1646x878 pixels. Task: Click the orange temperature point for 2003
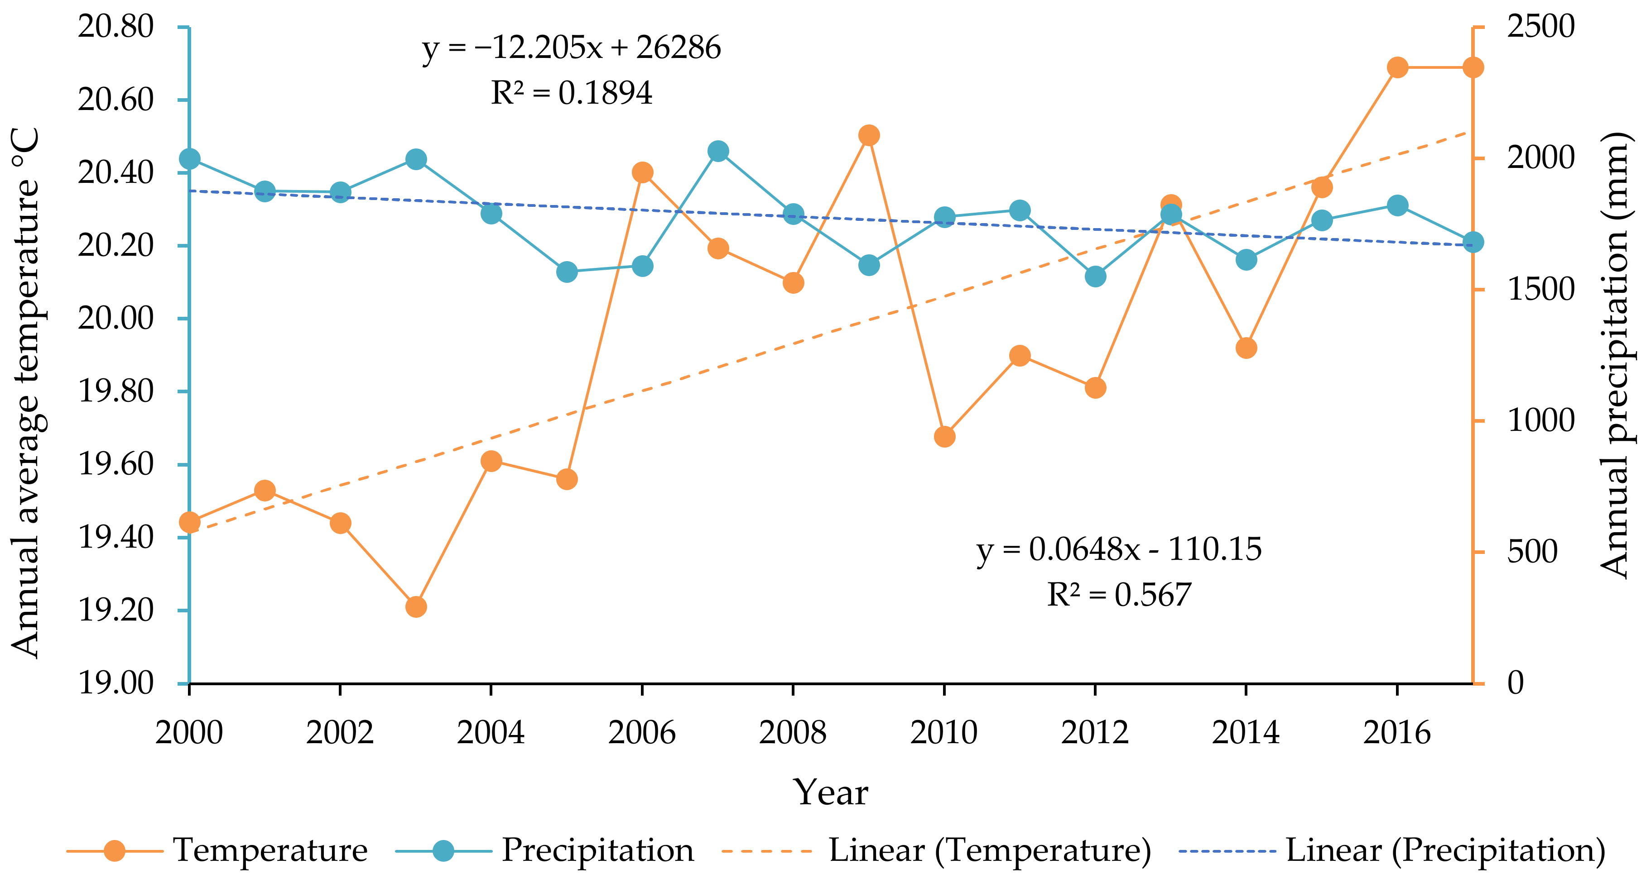coord(416,606)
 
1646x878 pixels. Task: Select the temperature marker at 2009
coord(868,135)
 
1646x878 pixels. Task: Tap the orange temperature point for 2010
coord(944,437)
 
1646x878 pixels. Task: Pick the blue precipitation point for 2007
coord(717,151)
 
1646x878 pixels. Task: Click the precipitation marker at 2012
coord(1095,277)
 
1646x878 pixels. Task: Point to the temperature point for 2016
coord(1397,68)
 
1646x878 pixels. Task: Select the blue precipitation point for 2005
coord(567,272)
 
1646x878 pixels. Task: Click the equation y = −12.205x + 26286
coord(571,48)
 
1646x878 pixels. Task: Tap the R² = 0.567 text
coord(1118,595)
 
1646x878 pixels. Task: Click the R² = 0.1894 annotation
coord(571,93)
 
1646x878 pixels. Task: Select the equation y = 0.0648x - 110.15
coord(1118,550)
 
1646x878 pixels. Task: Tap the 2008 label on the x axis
coord(792,732)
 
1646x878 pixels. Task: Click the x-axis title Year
coord(830,793)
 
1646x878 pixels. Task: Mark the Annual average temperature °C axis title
coord(25,393)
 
